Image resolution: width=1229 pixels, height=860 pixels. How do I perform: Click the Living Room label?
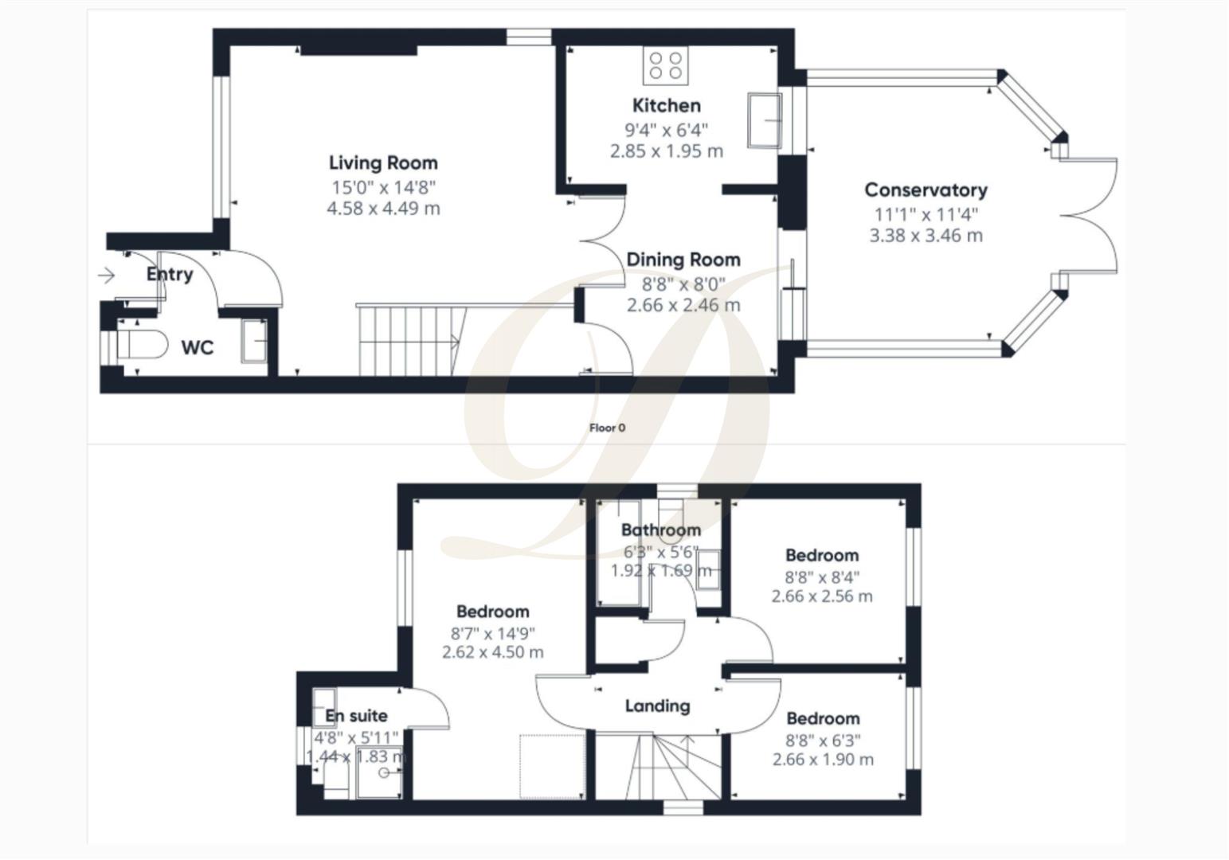click(383, 163)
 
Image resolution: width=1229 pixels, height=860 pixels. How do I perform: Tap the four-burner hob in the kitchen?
click(665, 65)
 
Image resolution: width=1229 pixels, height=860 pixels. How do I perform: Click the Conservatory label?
click(926, 190)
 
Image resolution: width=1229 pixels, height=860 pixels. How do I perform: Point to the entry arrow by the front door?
click(106, 276)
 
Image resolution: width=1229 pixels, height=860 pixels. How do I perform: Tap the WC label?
click(198, 348)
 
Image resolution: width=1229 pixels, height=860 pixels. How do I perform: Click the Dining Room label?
click(683, 260)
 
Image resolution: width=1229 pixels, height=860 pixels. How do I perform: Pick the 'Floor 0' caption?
click(607, 428)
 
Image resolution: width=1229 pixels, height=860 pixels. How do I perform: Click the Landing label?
click(657, 706)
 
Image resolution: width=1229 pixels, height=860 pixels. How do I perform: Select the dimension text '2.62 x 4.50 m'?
click(492, 652)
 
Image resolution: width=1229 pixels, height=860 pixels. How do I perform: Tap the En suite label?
click(356, 716)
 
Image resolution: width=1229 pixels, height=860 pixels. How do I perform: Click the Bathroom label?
click(661, 530)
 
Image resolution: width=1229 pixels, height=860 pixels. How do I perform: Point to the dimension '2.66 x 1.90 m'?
click(823, 760)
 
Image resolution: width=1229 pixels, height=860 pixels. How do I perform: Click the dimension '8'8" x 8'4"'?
click(822, 577)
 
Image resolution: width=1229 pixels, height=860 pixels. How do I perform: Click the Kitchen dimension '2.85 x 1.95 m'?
click(667, 151)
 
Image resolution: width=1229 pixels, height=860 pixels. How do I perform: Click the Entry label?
click(170, 275)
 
